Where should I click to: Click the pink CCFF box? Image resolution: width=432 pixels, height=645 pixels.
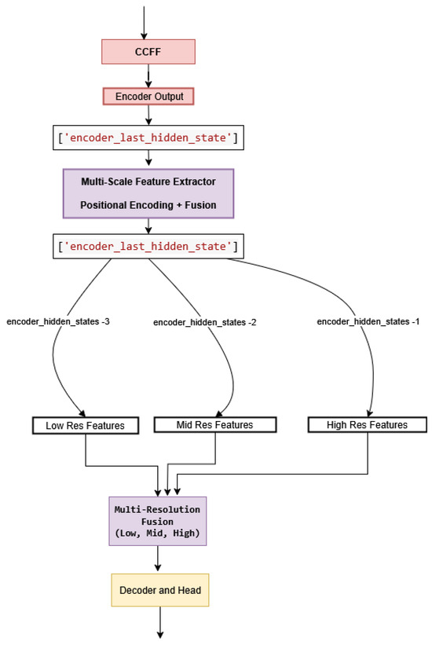click(147, 52)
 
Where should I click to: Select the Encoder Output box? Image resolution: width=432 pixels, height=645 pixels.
click(148, 96)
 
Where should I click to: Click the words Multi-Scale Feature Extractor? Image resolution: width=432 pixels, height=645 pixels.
click(148, 181)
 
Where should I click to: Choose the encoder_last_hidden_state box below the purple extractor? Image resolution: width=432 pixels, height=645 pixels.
click(148, 247)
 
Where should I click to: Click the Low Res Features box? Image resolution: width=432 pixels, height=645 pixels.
click(85, 426)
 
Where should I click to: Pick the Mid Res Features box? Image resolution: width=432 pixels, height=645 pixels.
click(214, 425)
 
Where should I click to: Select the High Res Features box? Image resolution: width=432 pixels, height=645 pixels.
click(368, 425)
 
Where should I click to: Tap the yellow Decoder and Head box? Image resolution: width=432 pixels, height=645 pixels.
click(160, 588)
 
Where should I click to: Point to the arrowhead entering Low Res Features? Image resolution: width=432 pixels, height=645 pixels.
click(82, 413)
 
